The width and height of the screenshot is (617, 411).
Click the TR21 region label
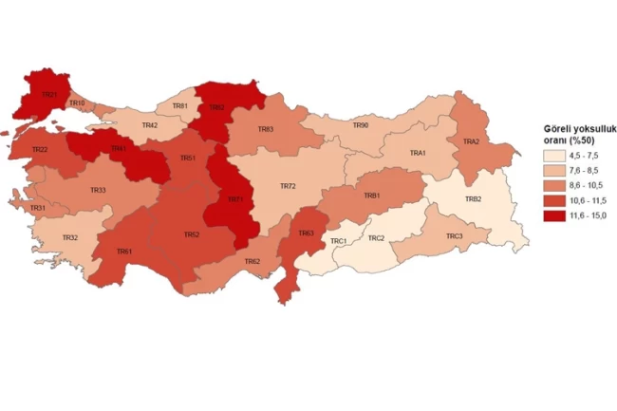pyautogui.click(x=48, y=95)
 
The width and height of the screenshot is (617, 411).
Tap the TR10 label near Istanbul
pyautogui.click(x=78, y=103)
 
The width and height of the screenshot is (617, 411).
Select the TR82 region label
pyautogui.click(x=216, y=107)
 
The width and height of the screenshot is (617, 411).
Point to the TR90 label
pyautogui.click(x=360, y=124)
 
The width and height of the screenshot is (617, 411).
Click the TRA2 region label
pyautogui.click(x=471, y=141)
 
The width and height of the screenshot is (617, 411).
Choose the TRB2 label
pyautogui.click(x=473, y=199)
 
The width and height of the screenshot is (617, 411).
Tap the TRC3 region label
pyautogui.click(x=454, y=235)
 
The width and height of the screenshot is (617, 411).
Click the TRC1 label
pyautogui.click(x=339, y=241)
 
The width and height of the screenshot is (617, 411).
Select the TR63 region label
pyautogui.click(x=306, y=233)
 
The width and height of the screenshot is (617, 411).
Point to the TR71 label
pyautogui.click(x=234, y=199)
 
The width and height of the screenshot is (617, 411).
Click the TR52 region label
pyautogui.click(x=191, y=234)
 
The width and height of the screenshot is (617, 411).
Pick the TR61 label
pyautogui.click(x=123, y=252)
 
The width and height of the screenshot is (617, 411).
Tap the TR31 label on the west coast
pyautogui.click(x=38, y=208)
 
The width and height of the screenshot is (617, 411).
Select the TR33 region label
pyautogui.click(x=98, y=191)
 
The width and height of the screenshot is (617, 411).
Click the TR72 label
pyautogui.click(x=289, y=186)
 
